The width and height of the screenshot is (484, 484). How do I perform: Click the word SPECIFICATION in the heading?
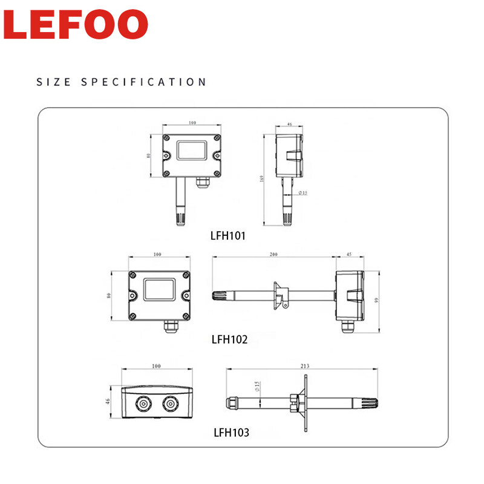point(144,82)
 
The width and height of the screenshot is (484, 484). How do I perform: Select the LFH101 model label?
point(227,235)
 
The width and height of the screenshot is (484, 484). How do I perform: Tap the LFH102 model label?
point(230,339)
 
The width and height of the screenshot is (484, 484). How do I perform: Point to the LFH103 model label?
point(231,433)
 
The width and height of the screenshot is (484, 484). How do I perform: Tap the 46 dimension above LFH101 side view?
point(289,124)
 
